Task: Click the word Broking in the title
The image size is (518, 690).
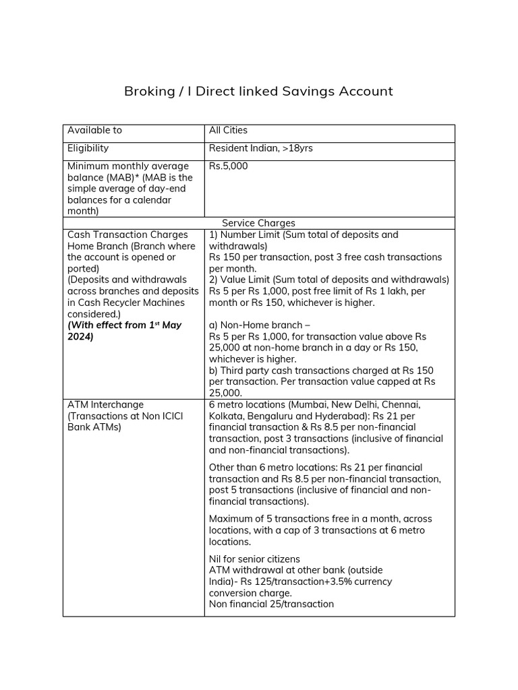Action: [148, 91]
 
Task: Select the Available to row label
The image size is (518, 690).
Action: [94, 130]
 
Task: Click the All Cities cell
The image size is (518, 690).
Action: [228, 130]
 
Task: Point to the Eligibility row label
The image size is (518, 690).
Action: [88, 148]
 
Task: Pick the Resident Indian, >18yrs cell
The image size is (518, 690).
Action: [260, 148]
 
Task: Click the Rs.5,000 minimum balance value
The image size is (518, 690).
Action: [228, 166]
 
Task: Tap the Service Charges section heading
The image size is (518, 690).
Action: [258, 223]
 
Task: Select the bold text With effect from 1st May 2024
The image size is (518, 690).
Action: [124, 331]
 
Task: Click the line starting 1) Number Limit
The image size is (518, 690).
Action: [304, 235]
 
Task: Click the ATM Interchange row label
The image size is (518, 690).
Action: [105, 405]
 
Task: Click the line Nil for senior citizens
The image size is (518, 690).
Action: [254, 559]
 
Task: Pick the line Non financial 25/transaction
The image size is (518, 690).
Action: [271, 604]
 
